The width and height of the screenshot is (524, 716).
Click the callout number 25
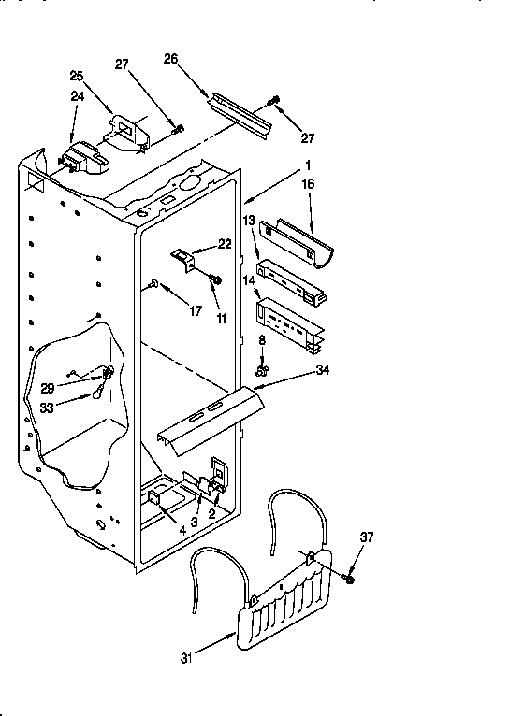coord(77,76)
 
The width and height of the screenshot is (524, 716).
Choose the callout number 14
coord(249,279)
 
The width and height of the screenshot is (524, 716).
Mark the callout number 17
coord(196,311)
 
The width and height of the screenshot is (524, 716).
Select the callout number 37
coord(367,537)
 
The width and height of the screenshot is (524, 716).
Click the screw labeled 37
coord(350,580)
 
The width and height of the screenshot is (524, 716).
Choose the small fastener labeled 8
coord(263,371)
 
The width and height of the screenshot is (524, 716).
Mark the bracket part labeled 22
coord(184,258)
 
